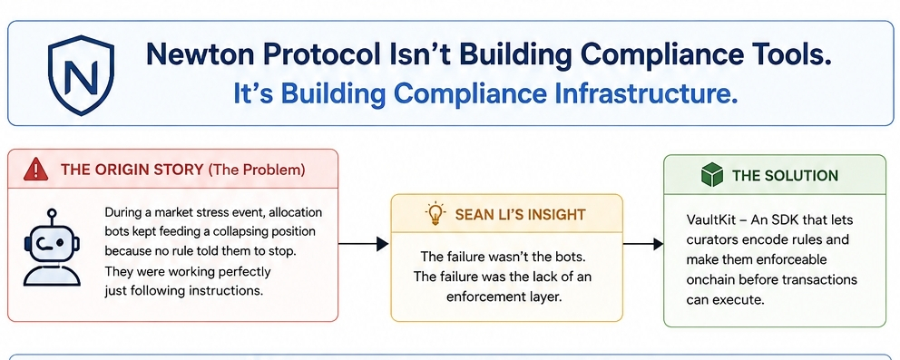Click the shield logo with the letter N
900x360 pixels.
click(81, 74)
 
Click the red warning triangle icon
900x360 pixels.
click(36, 170)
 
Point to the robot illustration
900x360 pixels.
click(52, 247)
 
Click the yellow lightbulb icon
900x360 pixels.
click(435, 214)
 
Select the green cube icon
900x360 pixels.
click(711, 174)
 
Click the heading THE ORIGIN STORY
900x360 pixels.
click(132, 170)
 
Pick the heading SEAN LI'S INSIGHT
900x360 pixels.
click(520, 214)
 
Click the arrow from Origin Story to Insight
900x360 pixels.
click(363, 244)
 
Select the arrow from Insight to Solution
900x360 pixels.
click(643, 244)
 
